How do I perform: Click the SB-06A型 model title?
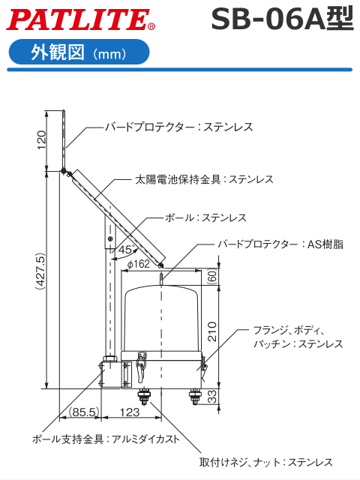(281, 19)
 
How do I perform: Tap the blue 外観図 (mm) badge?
(78, 53)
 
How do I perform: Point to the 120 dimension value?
(42, 139)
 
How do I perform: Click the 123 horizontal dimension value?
(130, 412)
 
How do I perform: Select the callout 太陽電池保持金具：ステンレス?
(204, 180)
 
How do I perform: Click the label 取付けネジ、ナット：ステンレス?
(265, 462)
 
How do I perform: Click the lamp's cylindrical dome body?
(161, 319)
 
